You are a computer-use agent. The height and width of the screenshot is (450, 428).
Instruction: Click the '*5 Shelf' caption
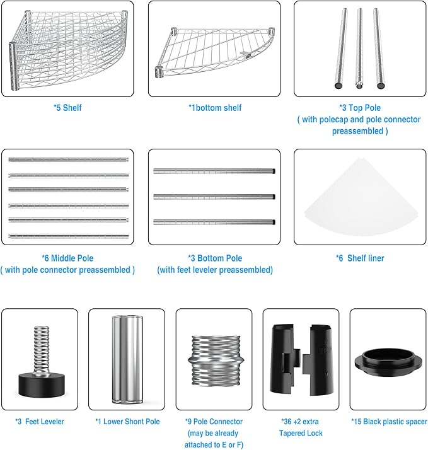point(67,108)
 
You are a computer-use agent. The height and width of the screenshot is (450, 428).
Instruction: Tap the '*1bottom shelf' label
point(215,108)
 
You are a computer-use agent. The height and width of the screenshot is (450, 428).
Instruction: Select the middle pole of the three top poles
point(359,48)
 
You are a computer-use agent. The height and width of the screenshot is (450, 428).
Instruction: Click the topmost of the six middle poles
point(68,159)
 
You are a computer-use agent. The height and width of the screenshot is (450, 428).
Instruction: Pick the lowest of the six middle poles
point(68,236)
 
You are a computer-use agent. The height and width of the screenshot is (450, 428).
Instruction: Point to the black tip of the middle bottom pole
point(274,197)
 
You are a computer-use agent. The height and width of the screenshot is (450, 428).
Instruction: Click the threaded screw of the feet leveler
point(42,350)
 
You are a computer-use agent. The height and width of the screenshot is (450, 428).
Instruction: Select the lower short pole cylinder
point(127,359)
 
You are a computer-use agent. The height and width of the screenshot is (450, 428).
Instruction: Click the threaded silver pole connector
point(216,361)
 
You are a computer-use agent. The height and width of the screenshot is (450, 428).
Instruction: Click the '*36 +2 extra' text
point(300,422)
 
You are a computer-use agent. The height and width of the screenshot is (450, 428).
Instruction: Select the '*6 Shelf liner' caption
point(360,258)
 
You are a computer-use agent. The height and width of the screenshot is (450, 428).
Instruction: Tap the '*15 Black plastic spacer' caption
point(390,422)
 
